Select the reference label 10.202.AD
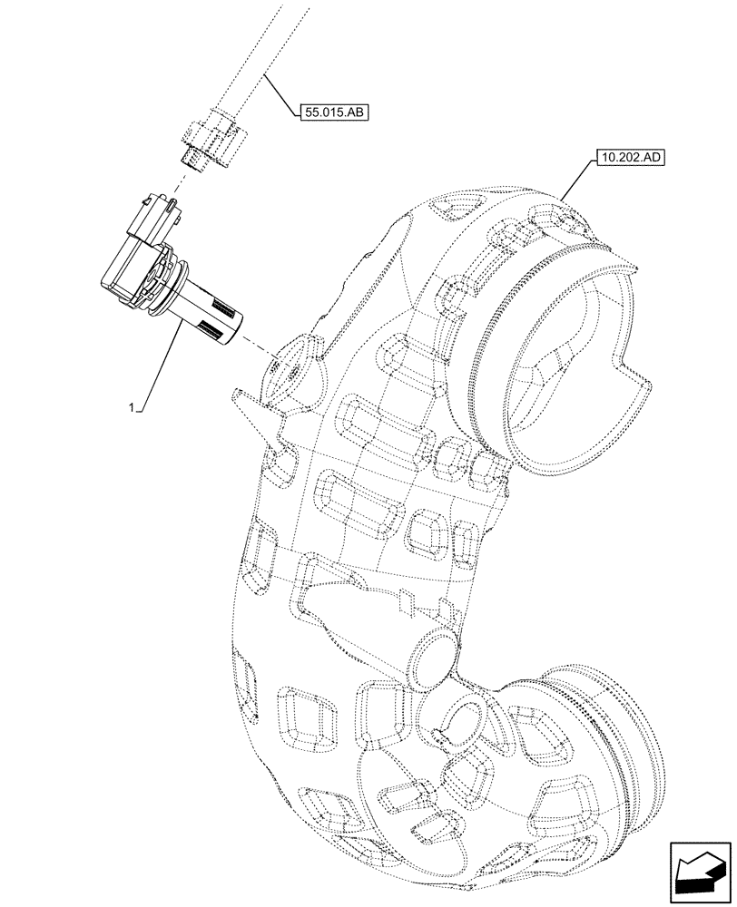point(632,157)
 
